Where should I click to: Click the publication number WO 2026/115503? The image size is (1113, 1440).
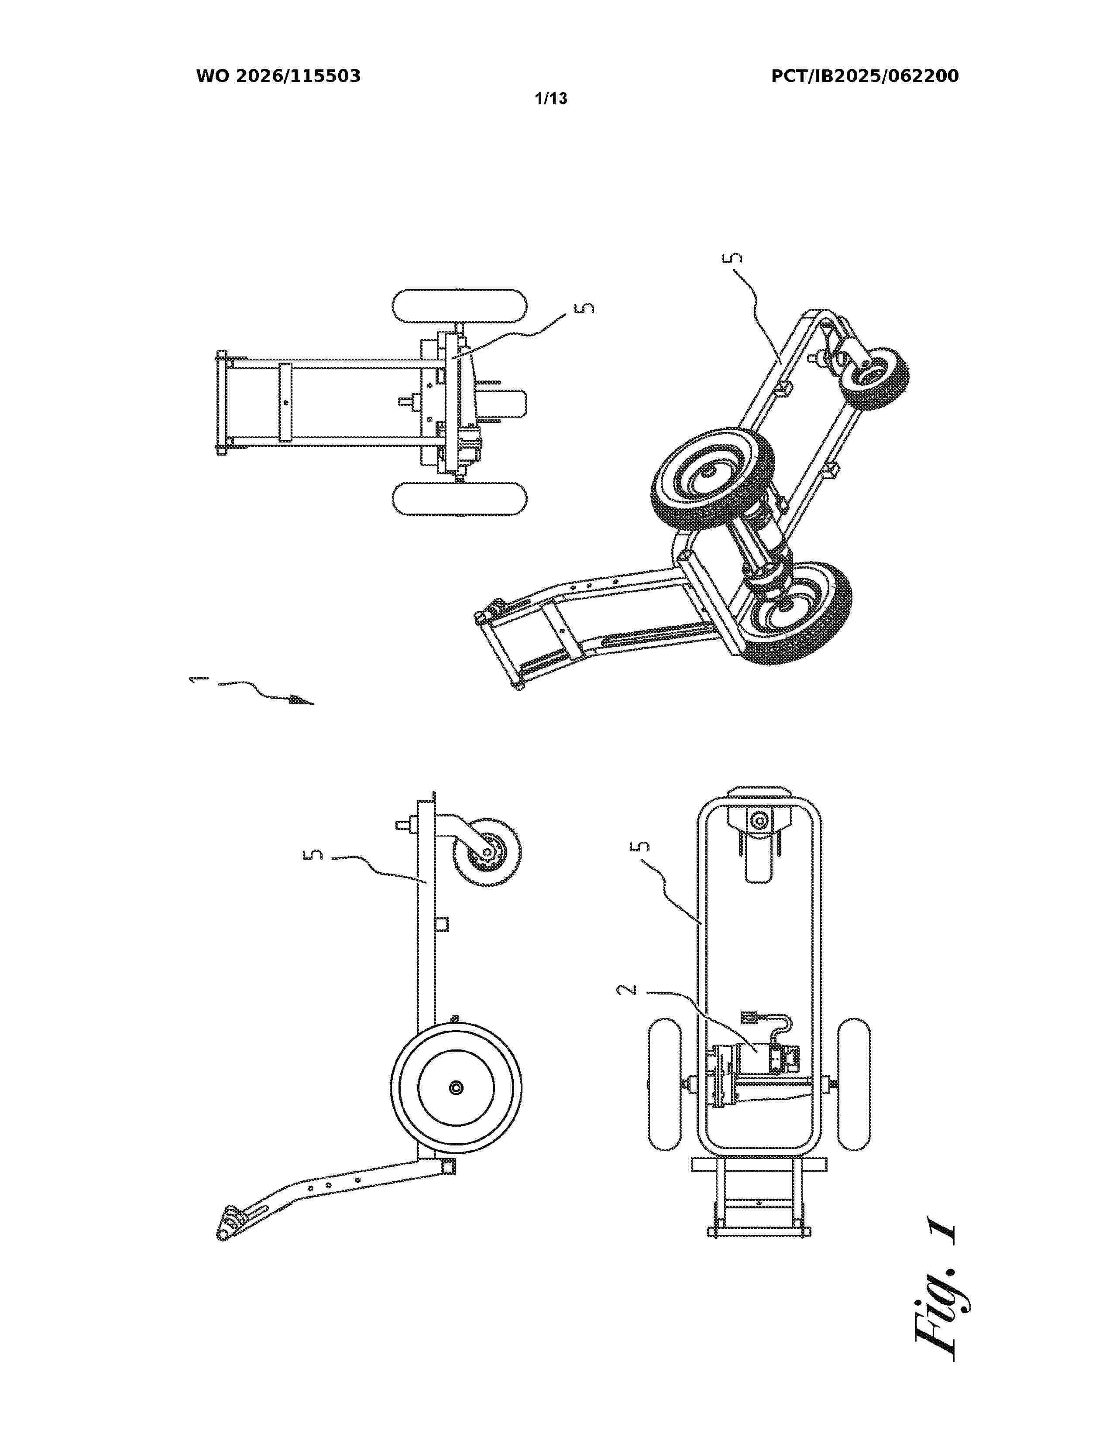[278, 76]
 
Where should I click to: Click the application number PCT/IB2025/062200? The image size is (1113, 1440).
[864, 76]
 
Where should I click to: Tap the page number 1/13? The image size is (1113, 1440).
[551, 99]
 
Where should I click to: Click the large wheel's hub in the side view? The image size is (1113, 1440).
[454, 1087]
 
